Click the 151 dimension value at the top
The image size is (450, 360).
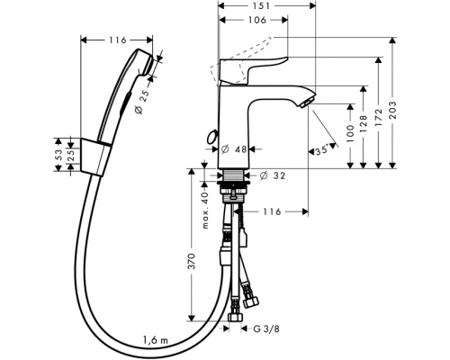coord(261,5)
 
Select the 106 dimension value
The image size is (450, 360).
coord(257,20)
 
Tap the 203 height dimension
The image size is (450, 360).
coord(392,110)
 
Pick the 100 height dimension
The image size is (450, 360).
coord(350,133)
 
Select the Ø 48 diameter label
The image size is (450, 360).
coord(234,149)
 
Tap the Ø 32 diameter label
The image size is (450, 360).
coord(273,175)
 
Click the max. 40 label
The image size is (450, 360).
coord(205,211)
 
